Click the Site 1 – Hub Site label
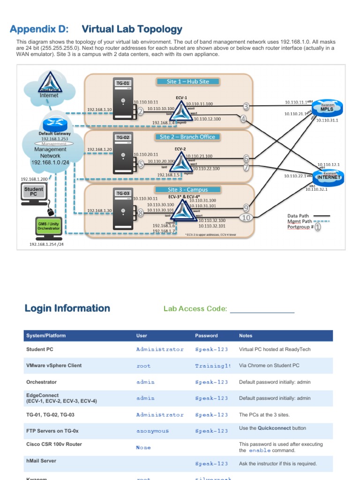coord(188,82)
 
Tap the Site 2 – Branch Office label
coord(187,137)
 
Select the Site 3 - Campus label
coord(187,190)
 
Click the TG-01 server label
coord(123,83)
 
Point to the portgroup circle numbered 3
coord(246,107)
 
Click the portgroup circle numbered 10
coord(246,217)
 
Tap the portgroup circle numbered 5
coord(141,164)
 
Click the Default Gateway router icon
coord(55,124)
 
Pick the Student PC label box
coord(33,191)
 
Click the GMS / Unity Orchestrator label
coord(49,226)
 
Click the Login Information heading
coord(67,308)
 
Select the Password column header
coord(206,336)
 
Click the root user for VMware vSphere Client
coord(143,366)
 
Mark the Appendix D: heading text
coord(39,30)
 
